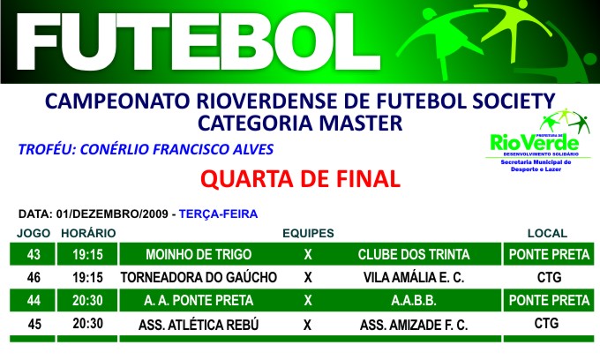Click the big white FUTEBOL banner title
[x=199, y=41]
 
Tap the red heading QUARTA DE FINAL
[x=300, y=179]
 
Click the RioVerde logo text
[x=535, y=144]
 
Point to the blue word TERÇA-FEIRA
[x=218, y=214]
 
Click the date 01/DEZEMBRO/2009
[x=112, y=214]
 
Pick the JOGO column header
[x=34, y=233]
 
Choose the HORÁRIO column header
[x=88, y=233]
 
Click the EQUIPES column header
[x=308, y=233]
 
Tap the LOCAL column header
[x=547, y=233]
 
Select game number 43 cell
[x=34, y=254]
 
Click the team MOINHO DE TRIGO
[x=199, y=254]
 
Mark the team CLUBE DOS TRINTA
[x=414, y=254]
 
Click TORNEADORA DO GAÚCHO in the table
[x=199, y=277]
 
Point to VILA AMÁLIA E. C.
[x=414, y=277]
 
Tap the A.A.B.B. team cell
[x=414, y=301]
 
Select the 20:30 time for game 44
[x=87, y=301]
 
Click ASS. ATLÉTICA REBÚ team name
[x=199, y=325]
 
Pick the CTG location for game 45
[x=546, y=324]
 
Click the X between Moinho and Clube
[x=308, y=255]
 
